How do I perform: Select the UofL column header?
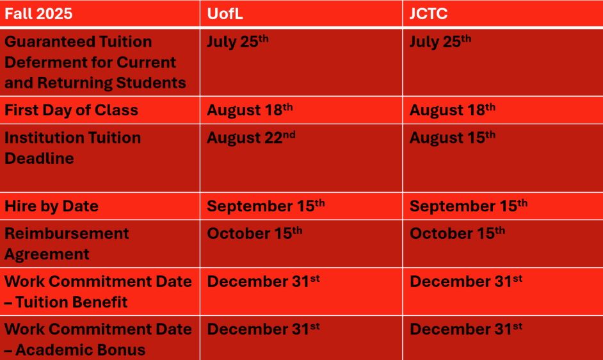click(x=225, y=14)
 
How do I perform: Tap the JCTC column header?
click(x=428, y=14)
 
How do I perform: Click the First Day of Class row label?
click(x=71, y=110)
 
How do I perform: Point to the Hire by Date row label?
click(x=52, y=206)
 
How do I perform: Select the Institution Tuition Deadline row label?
click(x=73, y=148)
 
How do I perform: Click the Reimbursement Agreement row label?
click(x=67, y=243)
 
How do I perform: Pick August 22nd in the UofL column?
click(x=251, y=138)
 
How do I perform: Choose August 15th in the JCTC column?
click(x=452, y=138)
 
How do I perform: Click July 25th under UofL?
click(x=237, y=42)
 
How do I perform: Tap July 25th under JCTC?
click(x=440, y=42)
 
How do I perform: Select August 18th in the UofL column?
click(x=250, y=110)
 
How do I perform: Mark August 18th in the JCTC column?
click(x=452, y=110)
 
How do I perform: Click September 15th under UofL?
click(x=266, y=206)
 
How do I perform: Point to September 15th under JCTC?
click(x=469, y=206)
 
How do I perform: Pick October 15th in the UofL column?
click(x=255, y=233)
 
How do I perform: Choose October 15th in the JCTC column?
click(x=457, y=233)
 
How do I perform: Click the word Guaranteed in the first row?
click(x=49, y=42)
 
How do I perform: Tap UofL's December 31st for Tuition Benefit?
click(x=264, y=281)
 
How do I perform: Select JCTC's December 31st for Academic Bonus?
click(x=466, y=329)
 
